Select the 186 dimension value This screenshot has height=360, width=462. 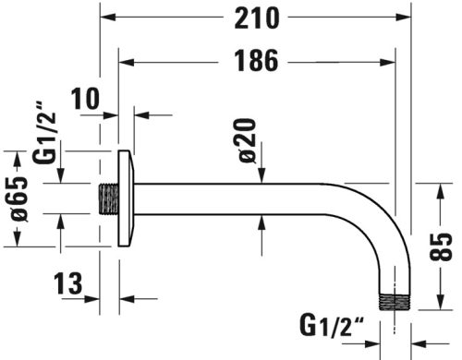pos(249,62)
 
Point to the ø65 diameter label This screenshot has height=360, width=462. pos(25,198)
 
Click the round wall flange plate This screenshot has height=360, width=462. pos(126,198)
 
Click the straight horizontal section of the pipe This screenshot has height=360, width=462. pos(249,198)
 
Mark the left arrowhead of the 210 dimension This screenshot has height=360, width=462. pos(103,18)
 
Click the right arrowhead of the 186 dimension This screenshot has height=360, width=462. pos(404,62)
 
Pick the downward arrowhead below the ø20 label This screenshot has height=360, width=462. pos(261,177)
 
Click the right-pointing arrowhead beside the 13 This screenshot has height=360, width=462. pos(94,297)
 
